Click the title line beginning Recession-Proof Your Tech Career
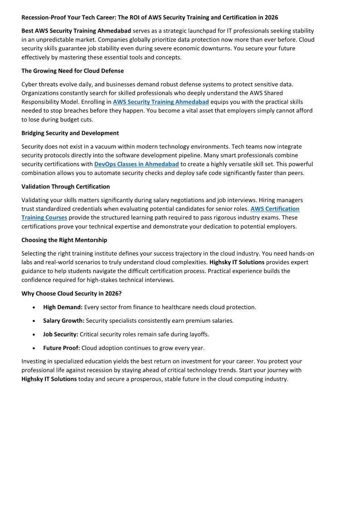click(x=150, y=18)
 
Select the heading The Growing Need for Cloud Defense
click(x=73, y=71)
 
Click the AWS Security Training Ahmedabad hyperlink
click(x=161, y=102)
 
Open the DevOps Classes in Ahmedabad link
click(x=136, y=164)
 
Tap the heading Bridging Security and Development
click(x=70, y=133)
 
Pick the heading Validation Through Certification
click(x=66, y=186)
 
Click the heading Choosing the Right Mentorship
click(x=64, y=240)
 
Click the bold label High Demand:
click(x=63, y=307)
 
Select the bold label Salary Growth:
click(x=64, y=321)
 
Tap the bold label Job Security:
click(x=61, y=334)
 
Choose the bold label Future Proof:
click(x=62, y=348)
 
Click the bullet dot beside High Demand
click(x=35, y=307)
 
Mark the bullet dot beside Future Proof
click(x=35, y=348)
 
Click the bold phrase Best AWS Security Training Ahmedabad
click(x=76, y=31)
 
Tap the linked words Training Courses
click(x=44, y=218)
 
